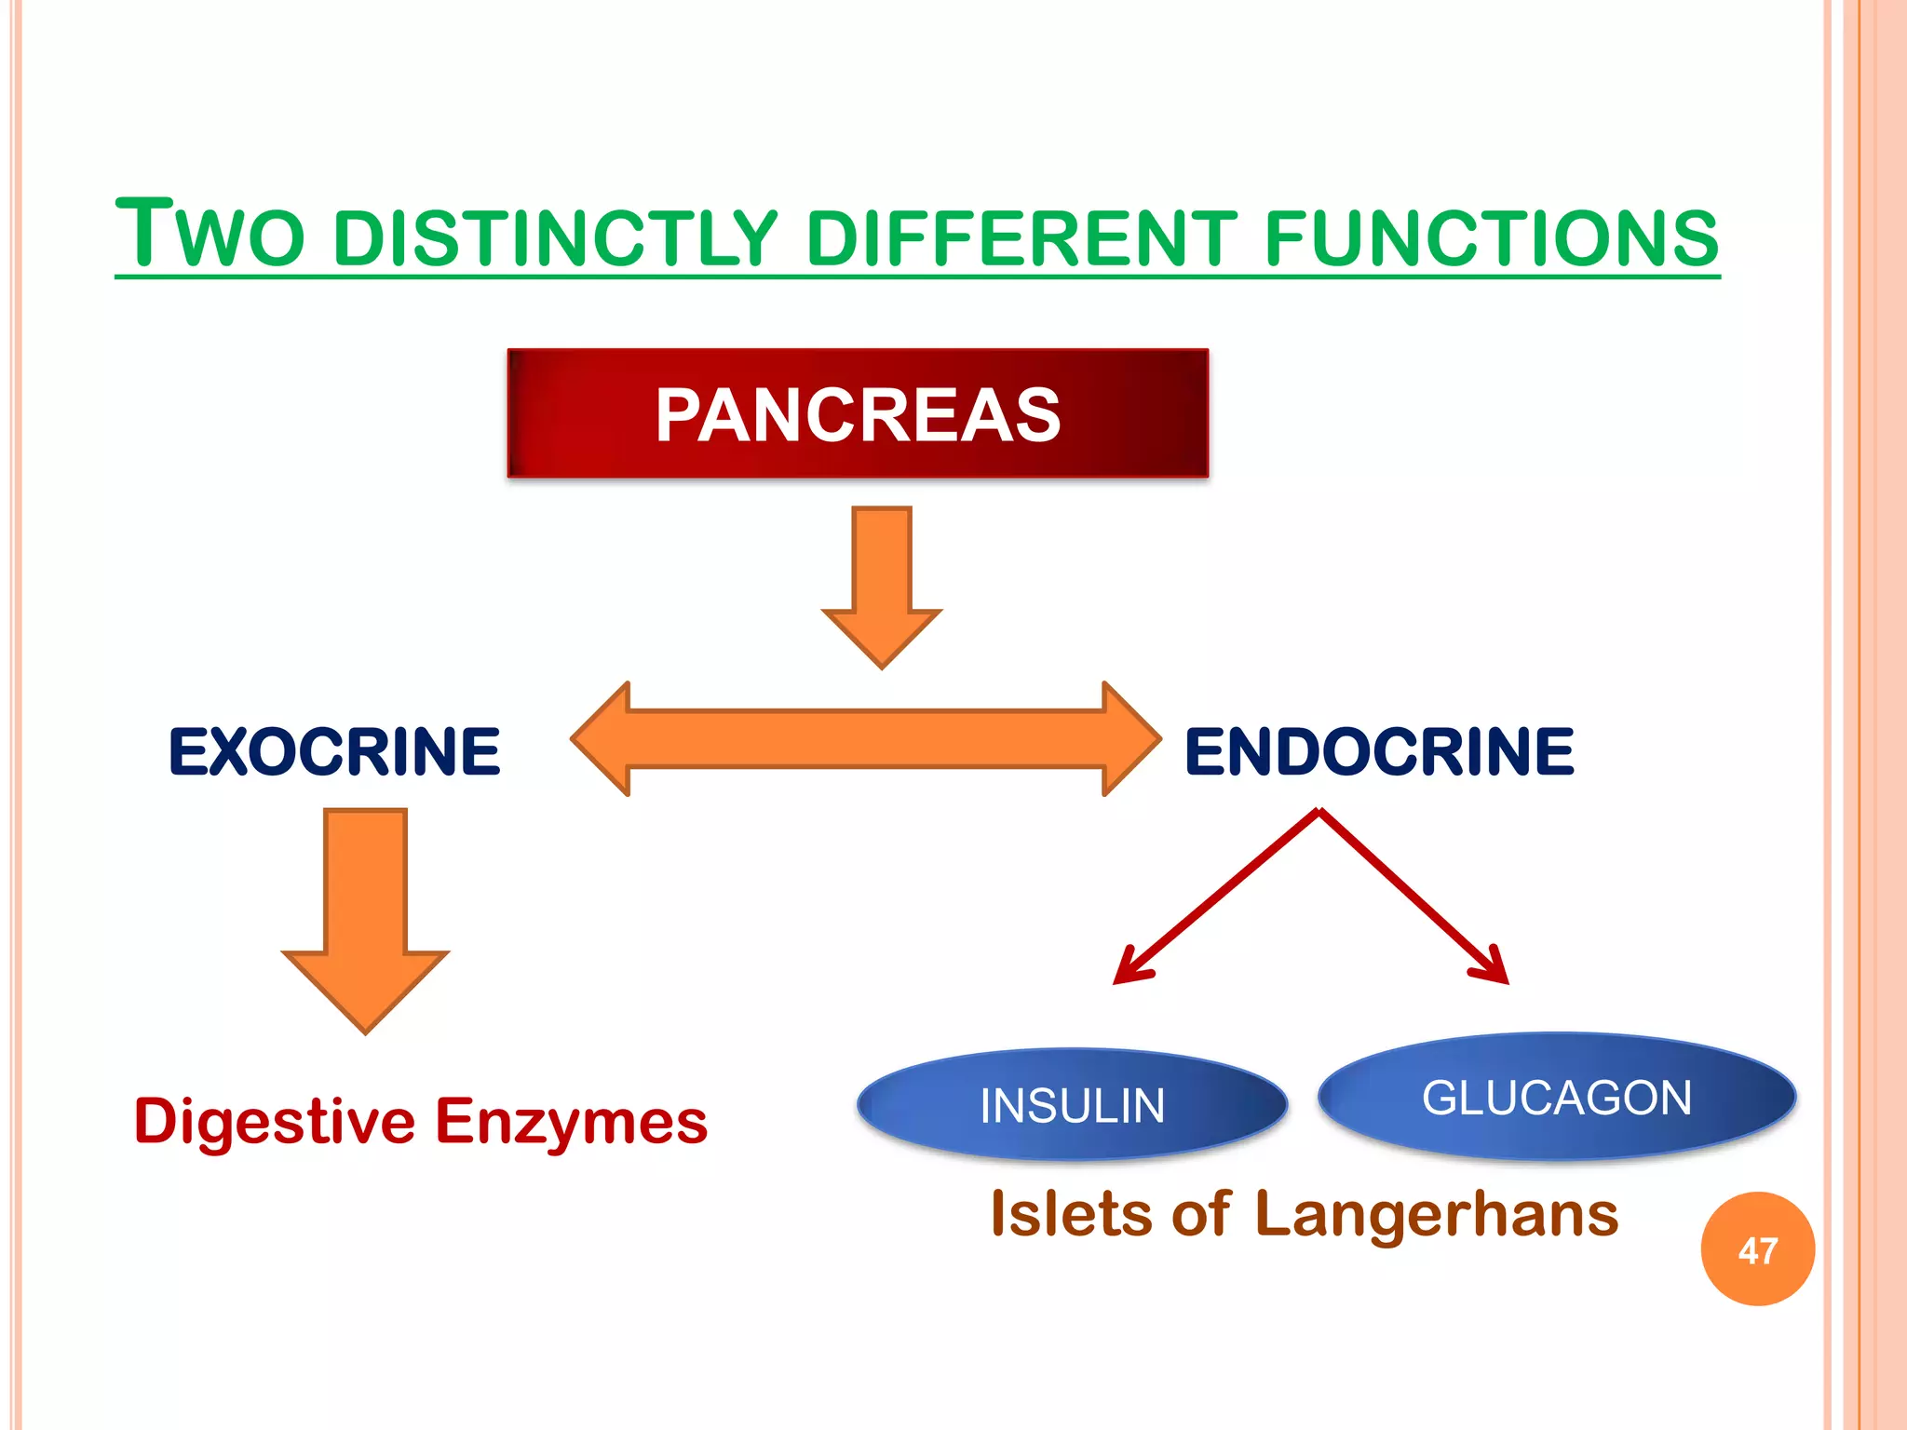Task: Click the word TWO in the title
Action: point(210,235)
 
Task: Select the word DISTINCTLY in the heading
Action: point(555,238)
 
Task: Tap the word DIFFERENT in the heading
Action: point(1021,238)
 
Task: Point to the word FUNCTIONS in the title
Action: point(1491,238)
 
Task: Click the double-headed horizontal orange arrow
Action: point(866,738)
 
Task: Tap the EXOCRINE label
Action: point(334,751)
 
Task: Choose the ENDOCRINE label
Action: point(1379,751)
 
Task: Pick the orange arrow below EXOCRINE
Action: point(365,917)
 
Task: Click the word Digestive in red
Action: point(275,1122)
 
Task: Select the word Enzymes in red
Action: point(572,1122)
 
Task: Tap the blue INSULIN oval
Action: point(1072,1105)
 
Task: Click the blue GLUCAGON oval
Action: point(1557,1098)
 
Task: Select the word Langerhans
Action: point(1436,1214)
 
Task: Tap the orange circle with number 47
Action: point(1757,1249)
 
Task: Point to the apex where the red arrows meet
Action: point(1319,812)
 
